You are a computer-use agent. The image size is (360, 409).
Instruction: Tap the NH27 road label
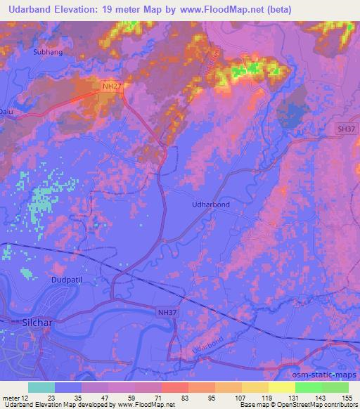pyautogui.click(x=111, y=86)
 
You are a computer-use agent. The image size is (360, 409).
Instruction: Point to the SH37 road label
pyautogui.click(x=345, y=129)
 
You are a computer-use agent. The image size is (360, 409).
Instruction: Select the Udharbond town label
pyautogui.click(x=211, y=204)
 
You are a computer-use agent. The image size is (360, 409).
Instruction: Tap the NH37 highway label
pyautogui.click(x=166, y=309)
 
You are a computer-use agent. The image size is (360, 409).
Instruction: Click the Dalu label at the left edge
pyautogui.click(x=6, y=111)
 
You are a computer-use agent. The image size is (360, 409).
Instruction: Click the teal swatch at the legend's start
pyautogui.click(x=41, y=387)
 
